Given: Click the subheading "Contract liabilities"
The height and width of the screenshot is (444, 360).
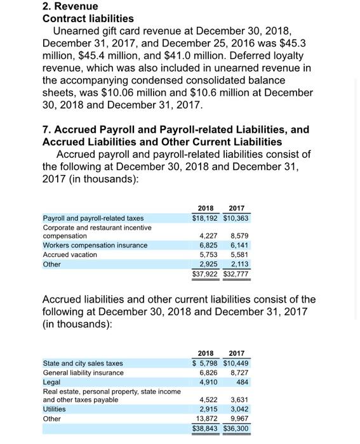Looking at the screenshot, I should [88, 18].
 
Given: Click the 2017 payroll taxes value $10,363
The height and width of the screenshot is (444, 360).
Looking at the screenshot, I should [237, 218].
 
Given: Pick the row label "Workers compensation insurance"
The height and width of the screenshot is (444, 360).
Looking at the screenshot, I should [95, 245].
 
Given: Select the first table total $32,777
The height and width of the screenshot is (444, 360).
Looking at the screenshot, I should [237, 274].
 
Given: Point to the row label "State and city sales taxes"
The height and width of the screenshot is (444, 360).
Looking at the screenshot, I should [83, 363].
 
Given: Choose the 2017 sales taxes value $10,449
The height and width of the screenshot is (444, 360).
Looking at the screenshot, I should [236, 363].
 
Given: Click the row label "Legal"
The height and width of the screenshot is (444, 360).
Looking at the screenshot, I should [52, 382].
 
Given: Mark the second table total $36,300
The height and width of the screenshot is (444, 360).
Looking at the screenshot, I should [236, 429].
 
